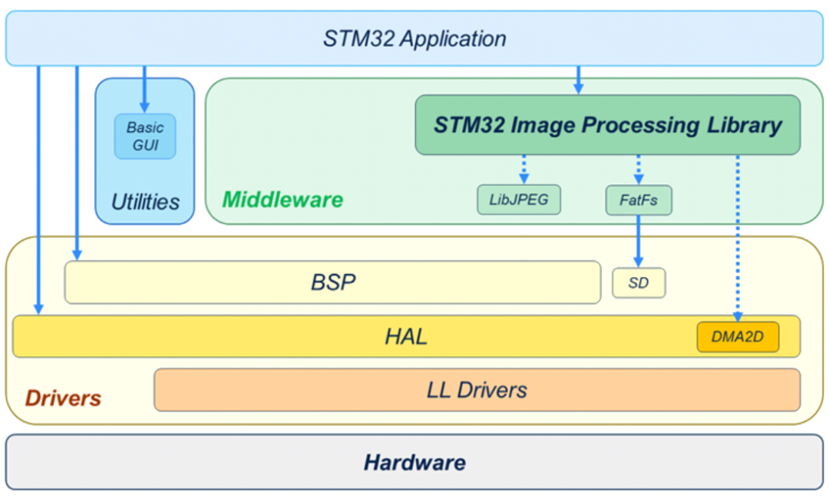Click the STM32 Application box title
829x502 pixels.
click(x=414, y=38)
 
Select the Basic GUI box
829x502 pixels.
click(x=145, y=137)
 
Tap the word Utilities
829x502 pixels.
click(x=145, y=202)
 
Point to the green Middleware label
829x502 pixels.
click(x=282, y=200)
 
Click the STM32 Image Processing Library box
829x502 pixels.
click(x=607, y=125)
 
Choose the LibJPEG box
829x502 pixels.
click(x=519, y=200)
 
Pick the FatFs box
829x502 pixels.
click(x=639, y=200)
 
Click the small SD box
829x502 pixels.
click(x=639, y=283)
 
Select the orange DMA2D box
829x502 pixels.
click(x=738, y=337)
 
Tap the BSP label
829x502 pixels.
click(x=333, y=282)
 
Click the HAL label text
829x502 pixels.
click(x=405, y=337)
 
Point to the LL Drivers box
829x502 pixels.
click(x=477, y=390)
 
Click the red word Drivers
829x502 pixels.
click(x=63, y=398)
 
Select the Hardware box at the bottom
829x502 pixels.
click(x=414, y=462)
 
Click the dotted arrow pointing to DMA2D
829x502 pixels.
click(x=738, y=238)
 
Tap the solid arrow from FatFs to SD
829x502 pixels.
click(x=639, y=241)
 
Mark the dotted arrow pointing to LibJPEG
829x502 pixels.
click(x=524, y=170)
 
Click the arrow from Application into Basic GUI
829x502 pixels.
click(x=144, y=89)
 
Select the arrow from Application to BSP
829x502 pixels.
click(x=78, y=163)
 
